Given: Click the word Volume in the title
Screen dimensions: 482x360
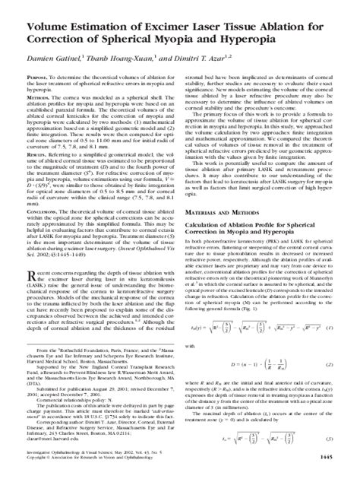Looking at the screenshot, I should [33, 11].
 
